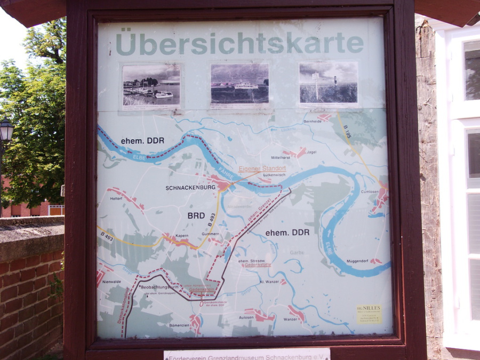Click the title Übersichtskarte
click(x=239, y=44)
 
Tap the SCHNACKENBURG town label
click(x=190, y=188)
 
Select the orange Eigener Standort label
click(x=262, y=169)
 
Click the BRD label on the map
click(x=196, y=215)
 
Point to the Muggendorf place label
click(x=357, y=261)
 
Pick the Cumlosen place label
click(x=370, y=191)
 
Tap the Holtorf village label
click(x=116, y=199)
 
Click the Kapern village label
click(x=182, y=235)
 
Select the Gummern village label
click(x=210, y=234)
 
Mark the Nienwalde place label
click(x=111, y=282)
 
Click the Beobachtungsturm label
click(x=159, y=287)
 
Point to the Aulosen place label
click(x=246, y=317)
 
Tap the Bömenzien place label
click(x=179, y=325)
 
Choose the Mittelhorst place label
click(x=281, y=158)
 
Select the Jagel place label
click(x=311, y=152)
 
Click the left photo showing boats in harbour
click(x=151, y=85)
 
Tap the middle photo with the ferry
click(x=239, y=84)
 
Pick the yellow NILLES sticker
click(x=369, y=314)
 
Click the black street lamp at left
click(x=6, y=131)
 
